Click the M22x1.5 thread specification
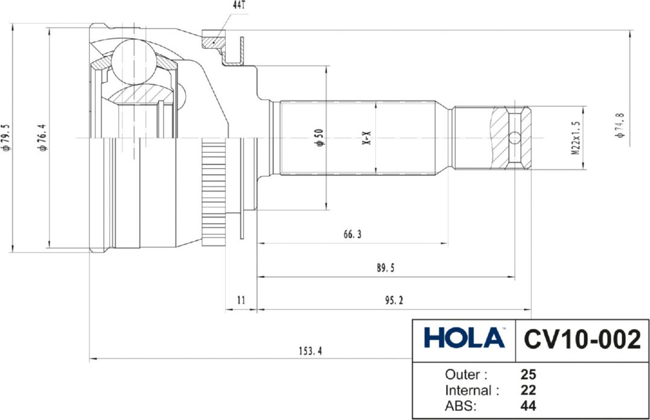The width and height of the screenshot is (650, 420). [576, 138]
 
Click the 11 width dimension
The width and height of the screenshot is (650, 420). [241, 300]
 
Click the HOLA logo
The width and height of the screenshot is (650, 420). [464, 338]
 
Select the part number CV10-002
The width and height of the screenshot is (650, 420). [582, 340]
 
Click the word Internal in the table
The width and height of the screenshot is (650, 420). [471, 390]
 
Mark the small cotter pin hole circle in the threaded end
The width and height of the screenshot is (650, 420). [514, 138]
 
